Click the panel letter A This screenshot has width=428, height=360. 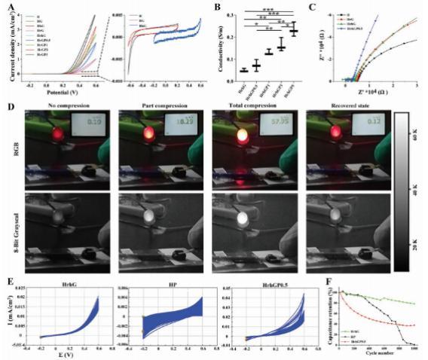pos(7,8)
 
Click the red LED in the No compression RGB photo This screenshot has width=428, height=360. pos(57,135)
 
